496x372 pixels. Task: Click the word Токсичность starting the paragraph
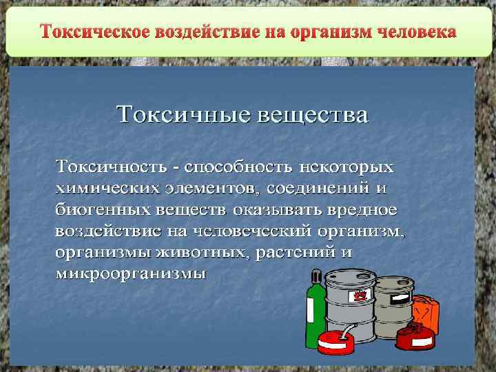110,167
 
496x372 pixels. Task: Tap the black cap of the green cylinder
314,276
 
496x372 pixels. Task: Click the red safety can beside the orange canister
421,338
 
